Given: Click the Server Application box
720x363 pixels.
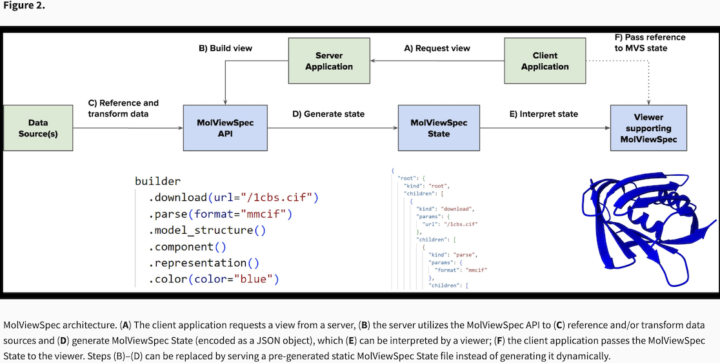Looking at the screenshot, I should [329, 61].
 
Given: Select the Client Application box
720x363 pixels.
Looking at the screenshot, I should [545, 61].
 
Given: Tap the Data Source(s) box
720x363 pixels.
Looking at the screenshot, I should [38, 128].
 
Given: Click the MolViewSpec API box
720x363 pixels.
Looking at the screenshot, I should [225, 128].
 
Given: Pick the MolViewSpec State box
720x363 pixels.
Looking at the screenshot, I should [439, 128].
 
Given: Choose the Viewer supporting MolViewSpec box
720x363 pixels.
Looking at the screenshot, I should [648, 128].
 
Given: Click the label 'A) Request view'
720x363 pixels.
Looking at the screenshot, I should [437, 48].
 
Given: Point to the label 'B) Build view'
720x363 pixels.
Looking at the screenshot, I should [225, 48].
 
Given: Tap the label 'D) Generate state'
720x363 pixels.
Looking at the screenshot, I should [328, 114].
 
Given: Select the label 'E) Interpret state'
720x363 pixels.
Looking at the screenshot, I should [545, 114].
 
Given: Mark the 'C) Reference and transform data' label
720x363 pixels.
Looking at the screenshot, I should [123, 109].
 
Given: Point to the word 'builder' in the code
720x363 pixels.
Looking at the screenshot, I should [157, 181].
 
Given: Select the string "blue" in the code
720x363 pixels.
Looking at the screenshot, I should [255, 280].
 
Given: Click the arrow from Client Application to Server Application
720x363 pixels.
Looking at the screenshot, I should [437, 61].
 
